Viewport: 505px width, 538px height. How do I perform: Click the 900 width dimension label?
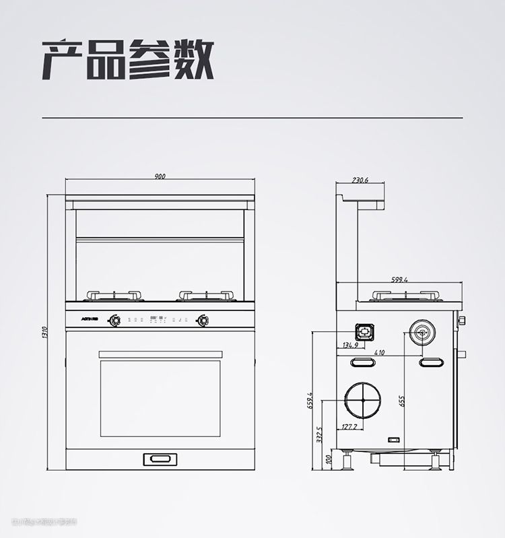point(160,176)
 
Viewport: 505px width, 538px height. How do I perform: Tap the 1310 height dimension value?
point(44,332)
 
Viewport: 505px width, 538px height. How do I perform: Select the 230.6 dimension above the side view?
point(360,180)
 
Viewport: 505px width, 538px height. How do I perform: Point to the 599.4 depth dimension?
point(399,279)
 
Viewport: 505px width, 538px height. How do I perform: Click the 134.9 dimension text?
point(351,345)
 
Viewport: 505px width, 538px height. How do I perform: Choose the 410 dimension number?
point(379,352)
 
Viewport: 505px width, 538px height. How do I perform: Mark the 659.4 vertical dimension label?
point(310,401)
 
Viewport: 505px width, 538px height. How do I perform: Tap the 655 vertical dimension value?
point(401,401)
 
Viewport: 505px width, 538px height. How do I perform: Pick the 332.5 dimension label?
point(319,435)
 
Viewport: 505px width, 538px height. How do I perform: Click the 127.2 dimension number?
point(349,426)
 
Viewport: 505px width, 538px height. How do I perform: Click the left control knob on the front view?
point(115,320)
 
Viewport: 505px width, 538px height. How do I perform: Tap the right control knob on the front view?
point(201,320)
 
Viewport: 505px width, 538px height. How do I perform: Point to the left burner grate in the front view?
point(114,295)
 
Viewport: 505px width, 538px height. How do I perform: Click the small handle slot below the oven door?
point(160,459)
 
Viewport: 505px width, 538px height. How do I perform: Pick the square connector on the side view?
point(364,331)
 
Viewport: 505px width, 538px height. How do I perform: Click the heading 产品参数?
point(128,60)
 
